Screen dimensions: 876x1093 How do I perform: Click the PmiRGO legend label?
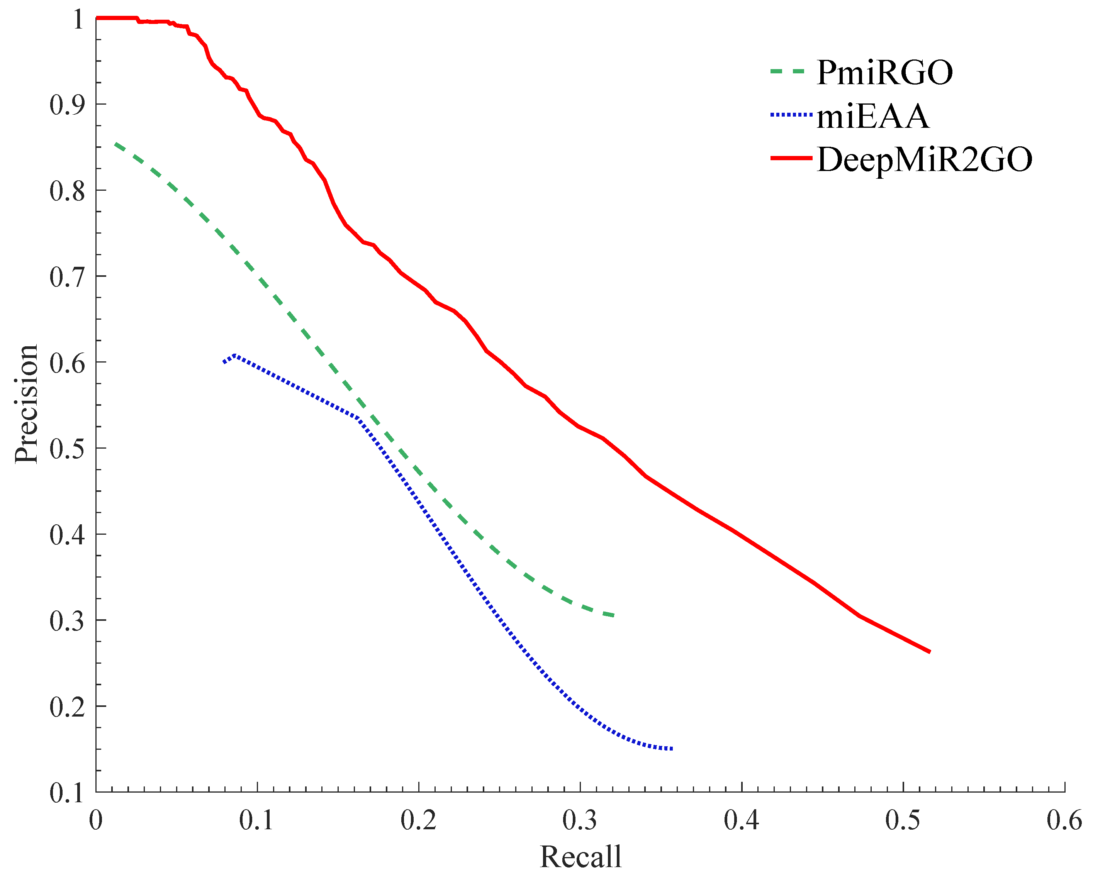tap(885, 73)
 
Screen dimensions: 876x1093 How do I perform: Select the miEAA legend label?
tap(873, 116)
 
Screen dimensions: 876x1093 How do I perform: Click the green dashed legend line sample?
tap(787, 71)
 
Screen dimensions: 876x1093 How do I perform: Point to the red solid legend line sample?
tap(791, 159)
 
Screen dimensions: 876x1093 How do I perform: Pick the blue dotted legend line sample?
tap(791, 115)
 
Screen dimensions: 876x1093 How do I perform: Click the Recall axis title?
tap(580, 857)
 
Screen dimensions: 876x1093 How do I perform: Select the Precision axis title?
tap(26, 404)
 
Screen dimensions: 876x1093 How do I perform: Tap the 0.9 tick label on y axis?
tap(67, 105)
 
